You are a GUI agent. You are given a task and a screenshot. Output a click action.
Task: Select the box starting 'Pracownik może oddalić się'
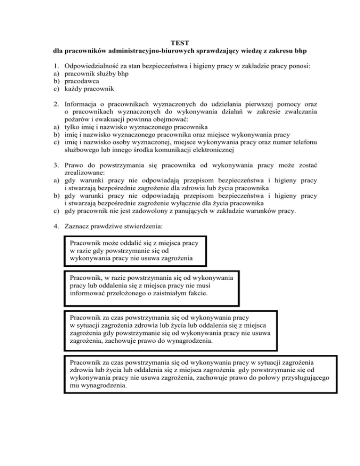(135, 250)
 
